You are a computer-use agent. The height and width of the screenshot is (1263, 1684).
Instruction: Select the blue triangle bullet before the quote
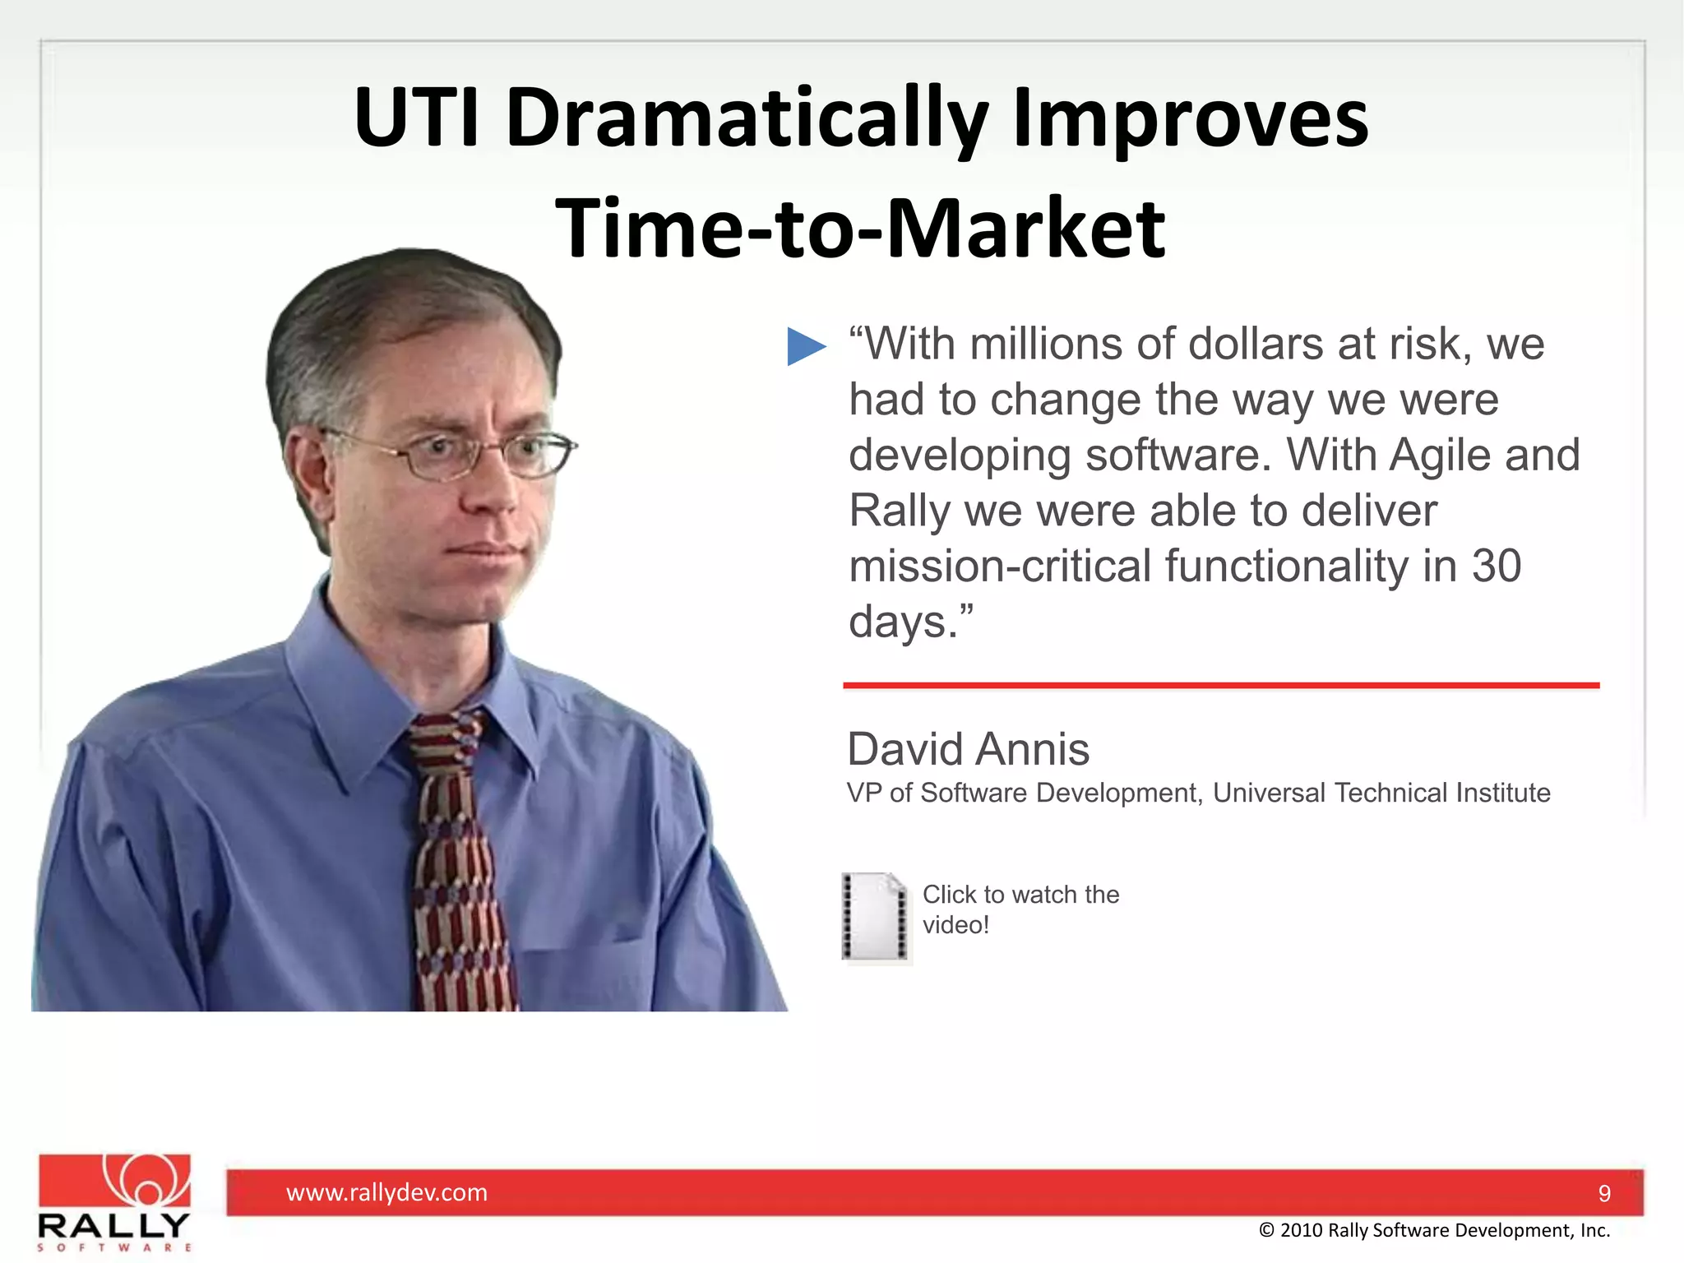point(805,345)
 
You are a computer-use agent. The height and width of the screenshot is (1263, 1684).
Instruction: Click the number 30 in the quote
point(1496,567)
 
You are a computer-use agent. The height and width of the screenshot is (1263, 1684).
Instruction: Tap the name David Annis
point(968,749)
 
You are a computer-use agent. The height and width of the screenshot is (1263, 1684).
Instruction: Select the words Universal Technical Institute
point(1381,793)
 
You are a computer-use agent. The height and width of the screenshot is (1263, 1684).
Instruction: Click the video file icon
point(876,916)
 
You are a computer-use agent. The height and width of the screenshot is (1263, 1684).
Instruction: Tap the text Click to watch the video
point(1020,909)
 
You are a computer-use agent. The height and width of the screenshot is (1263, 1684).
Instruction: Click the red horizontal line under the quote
point(1220,685)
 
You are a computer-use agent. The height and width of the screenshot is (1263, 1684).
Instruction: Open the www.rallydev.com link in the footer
point(386,1192)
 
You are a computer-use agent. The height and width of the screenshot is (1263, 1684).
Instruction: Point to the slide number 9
point(1603,1193)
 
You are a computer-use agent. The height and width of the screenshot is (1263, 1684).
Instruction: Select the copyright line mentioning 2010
point(1434,1230)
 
